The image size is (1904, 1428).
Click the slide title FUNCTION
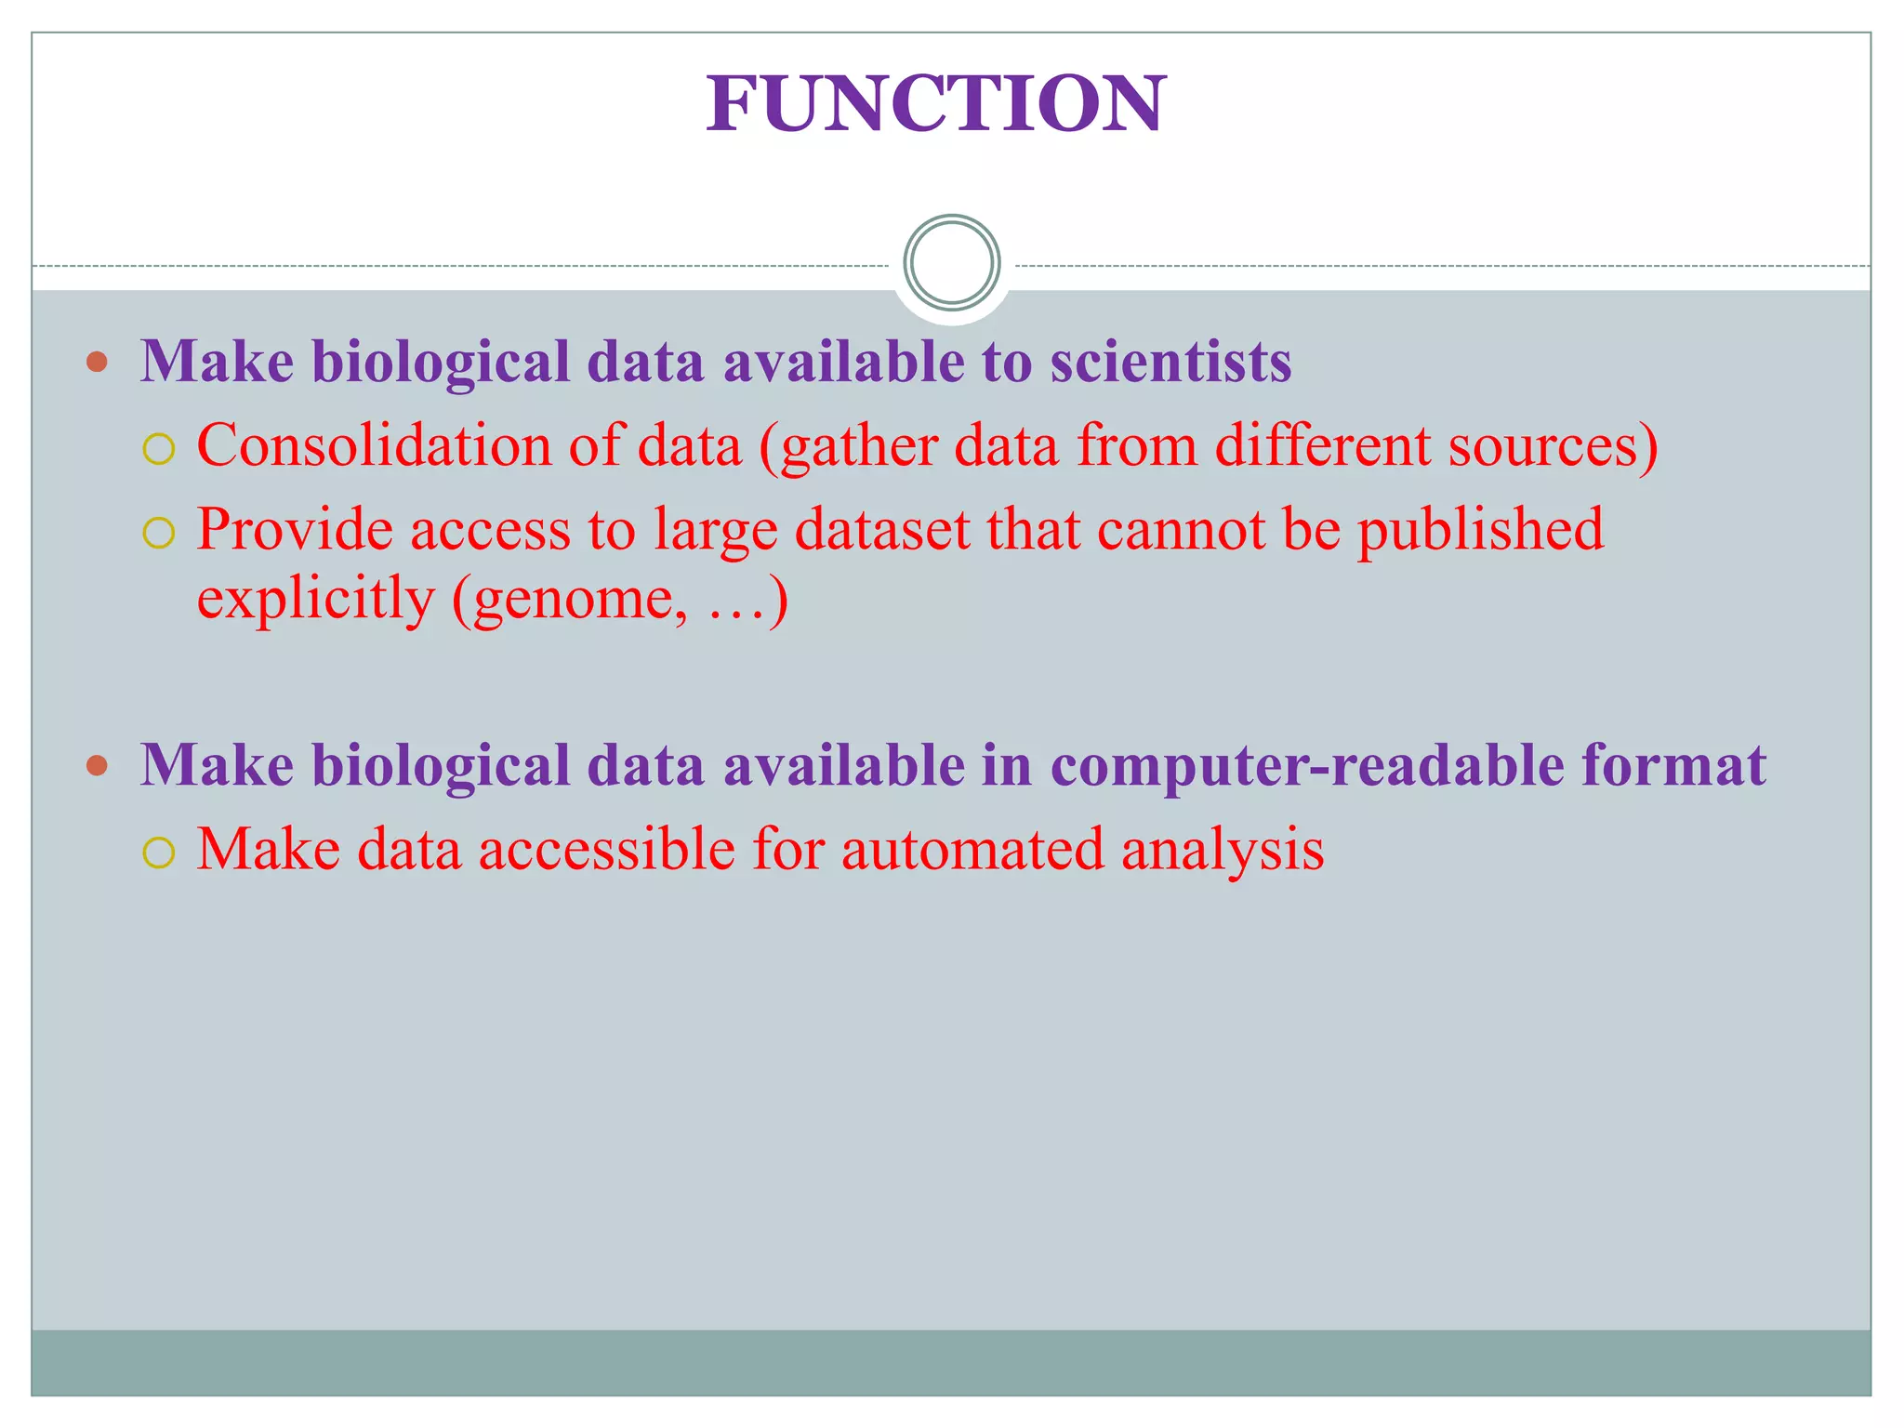(x=935, y=104)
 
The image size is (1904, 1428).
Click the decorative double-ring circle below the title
(x=951, y=263)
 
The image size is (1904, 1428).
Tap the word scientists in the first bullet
(x=1170, y=362)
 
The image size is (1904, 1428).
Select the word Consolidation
(x=373, y=445)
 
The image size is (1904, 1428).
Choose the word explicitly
(x=315, y=599)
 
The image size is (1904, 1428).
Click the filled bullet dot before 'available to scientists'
(x=97, y=362)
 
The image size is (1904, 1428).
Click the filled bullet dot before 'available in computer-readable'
(x=97, y=765)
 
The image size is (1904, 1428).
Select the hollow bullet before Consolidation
(x=159, y=450)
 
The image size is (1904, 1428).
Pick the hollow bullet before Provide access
(x=159, y=534)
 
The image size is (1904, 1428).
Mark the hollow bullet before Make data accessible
(x=159, y=853)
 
